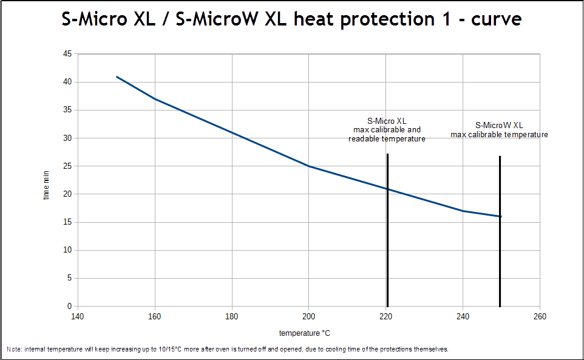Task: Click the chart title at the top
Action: (291, 19)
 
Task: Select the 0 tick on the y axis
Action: (69, 307)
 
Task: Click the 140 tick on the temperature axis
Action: (77, 317)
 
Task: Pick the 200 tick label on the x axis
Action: (309, 317)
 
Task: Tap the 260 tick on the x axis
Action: (540, 317)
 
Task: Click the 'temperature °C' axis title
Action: (305, 333)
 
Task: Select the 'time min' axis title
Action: (47, 185)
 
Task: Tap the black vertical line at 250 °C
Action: (500, 261)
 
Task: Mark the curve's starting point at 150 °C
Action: (117, 76)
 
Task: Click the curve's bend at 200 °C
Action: (309, 166)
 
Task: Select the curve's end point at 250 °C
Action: (501, 216)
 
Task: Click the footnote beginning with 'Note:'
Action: (227, 350)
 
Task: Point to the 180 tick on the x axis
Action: (232, 317)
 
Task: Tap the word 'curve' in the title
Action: (494, 19)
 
